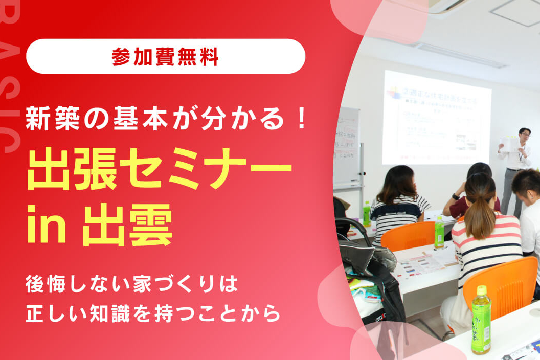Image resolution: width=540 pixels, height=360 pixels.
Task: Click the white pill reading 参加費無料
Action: click(x=165, y=56)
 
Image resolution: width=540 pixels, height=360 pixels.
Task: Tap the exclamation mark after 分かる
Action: click(x=302, y=119)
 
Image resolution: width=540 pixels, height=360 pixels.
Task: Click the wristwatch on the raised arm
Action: click(x=455, y=196)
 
